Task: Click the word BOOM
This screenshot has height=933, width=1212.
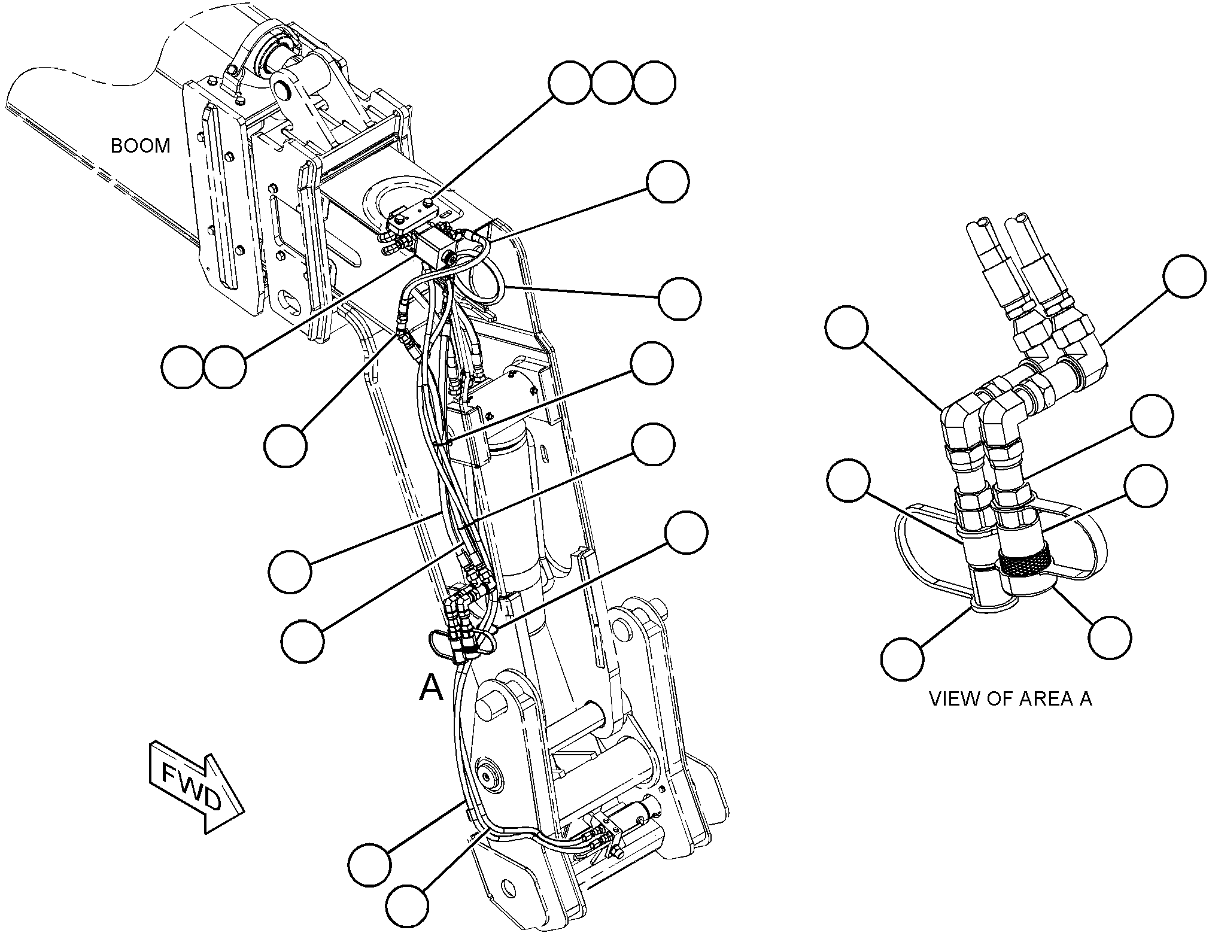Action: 141,145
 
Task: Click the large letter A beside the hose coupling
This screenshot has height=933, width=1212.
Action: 431,687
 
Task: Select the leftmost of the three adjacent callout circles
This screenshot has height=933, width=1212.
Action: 571,84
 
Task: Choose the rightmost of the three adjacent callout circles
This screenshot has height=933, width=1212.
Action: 655,84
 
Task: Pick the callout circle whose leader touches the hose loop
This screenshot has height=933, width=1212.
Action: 679,298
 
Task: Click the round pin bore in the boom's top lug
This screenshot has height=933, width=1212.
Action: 281,90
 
